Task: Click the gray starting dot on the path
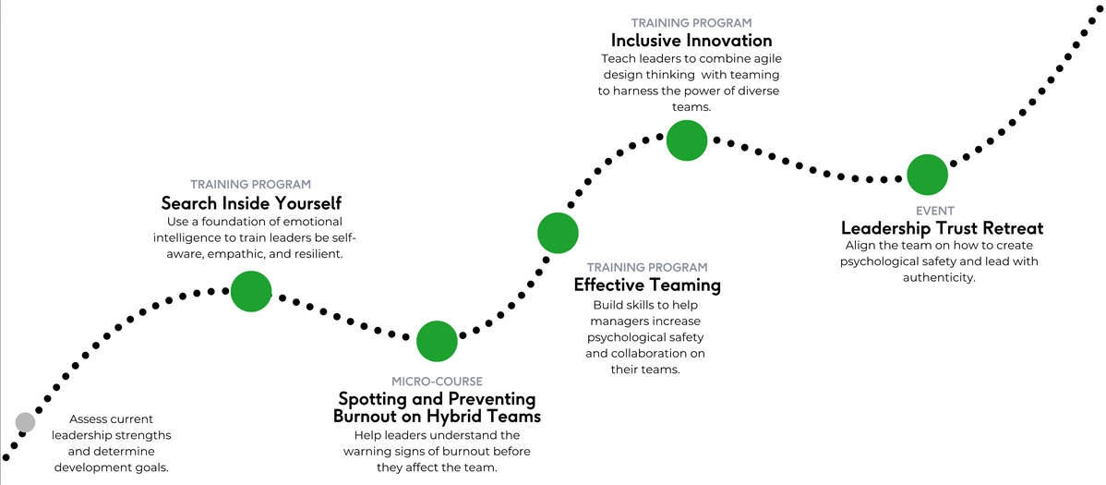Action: pos(26,422)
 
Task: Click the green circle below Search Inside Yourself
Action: pos(251,291)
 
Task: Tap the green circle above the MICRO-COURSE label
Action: pos(438,341)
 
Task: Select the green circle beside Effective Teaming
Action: pos(558,233)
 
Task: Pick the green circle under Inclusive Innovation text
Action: pos(687,140)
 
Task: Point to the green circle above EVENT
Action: pos(928,175)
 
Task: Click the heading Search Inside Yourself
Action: pos(251,203)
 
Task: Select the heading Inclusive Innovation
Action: pos(691,41)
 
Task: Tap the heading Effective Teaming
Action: pos(647,285)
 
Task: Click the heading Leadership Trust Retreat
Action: pos(943,228)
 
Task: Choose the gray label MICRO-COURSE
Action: pos(438,382)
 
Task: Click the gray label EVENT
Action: pos(935,211)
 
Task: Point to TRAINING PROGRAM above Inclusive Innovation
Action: pos(691,23)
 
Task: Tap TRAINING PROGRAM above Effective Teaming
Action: pos(647,268)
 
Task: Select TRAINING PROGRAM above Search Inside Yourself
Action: pos(250,184)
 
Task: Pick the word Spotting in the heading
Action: pos(372,400)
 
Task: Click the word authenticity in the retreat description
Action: pos(939,277)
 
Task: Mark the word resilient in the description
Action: pos(318,254)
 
